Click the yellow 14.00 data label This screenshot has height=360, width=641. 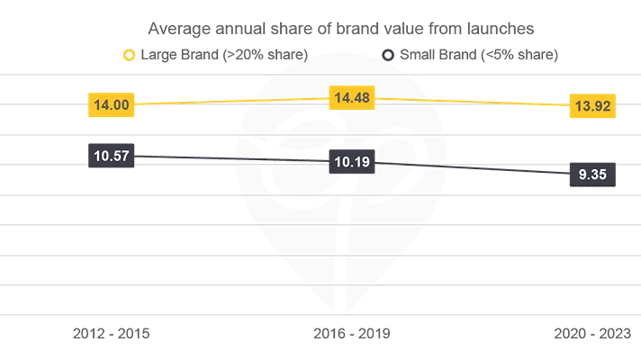coord(112,105)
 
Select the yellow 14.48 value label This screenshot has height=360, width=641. coord(350,97)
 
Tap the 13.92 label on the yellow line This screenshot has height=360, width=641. coord(591,107)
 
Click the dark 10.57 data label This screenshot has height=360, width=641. coord(112,156)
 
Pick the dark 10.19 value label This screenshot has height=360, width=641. coord(350,164)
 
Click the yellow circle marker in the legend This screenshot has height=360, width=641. coord(130,56)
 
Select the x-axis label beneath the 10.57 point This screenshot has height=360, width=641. coord(112,337)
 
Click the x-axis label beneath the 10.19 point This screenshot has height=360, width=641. coord(351,337)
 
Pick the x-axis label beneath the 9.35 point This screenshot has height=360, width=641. coord(591,337)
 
